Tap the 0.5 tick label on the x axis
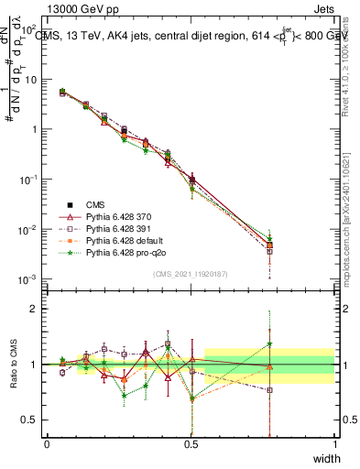click(x=191, y=444)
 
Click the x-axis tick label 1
click(x=334, y=444)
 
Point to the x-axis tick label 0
click(x=47, y=444)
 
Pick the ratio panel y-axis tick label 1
click(x=34, y=365)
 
